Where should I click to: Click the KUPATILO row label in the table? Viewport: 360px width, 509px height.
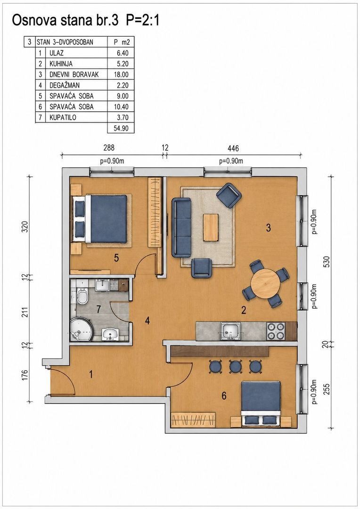coord(63,117)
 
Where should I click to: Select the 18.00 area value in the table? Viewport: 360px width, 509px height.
coord(121,74)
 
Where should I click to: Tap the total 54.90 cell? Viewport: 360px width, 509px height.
coord(121,128)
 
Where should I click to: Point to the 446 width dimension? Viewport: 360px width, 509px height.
coord(233,148)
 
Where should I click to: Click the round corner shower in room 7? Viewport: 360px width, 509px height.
coord(82,329)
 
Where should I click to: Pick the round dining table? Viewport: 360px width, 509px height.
coord(266,283)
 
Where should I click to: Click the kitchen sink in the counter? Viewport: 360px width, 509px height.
coord(231,331)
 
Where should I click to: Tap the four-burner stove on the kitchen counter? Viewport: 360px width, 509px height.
coord(276,331)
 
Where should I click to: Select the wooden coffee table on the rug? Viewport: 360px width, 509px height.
coord(211,227)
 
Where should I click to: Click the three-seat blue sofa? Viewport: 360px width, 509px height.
coord(181,227)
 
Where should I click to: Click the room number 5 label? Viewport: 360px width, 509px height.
coord(116,258)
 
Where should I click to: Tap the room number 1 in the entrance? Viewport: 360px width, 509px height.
coord(91,375)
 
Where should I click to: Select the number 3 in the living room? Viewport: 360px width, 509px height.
coord(268,228)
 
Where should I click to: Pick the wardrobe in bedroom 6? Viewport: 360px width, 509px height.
coord(194,419)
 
